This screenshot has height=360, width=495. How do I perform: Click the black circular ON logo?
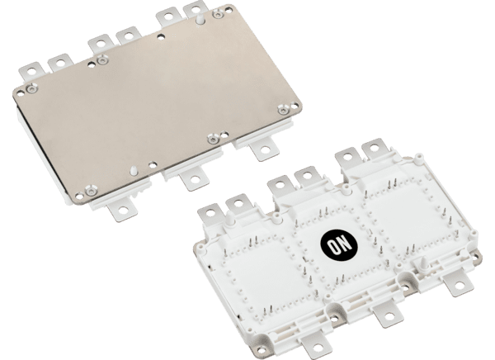(x=339, y=245)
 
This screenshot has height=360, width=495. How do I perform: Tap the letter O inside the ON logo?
(x=333, y=247)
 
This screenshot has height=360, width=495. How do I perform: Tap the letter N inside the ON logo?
(x=345, y=243)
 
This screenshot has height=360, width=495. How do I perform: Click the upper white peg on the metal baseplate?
(x=200, y=19)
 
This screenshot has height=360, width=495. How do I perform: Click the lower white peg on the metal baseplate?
(x=134, y=170)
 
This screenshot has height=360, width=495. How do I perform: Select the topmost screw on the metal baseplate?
(x=217, y=13)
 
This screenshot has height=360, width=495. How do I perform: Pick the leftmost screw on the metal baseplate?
(x=31, y=89)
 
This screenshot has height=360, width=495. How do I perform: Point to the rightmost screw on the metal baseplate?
(x=283, y=110)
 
